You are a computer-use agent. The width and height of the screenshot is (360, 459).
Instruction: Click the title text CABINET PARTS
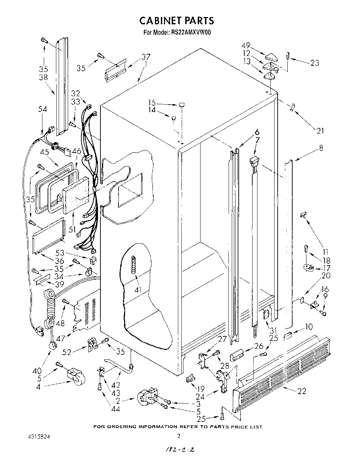coord(177,21)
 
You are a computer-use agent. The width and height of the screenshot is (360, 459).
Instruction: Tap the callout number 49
coord(246,46)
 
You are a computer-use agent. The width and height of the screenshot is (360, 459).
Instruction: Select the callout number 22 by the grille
coord(302,391)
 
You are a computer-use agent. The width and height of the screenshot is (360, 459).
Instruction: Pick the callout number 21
coord(320,131)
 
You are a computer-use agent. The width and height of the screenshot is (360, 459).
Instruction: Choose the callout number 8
coord(321,148)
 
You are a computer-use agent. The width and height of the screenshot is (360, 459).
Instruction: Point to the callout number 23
coord(314,63)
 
